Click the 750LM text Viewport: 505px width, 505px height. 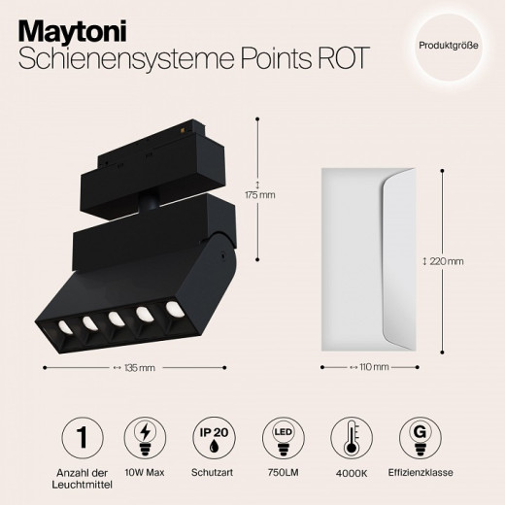click(281, 473)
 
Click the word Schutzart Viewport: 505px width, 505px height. click(212, 473)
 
